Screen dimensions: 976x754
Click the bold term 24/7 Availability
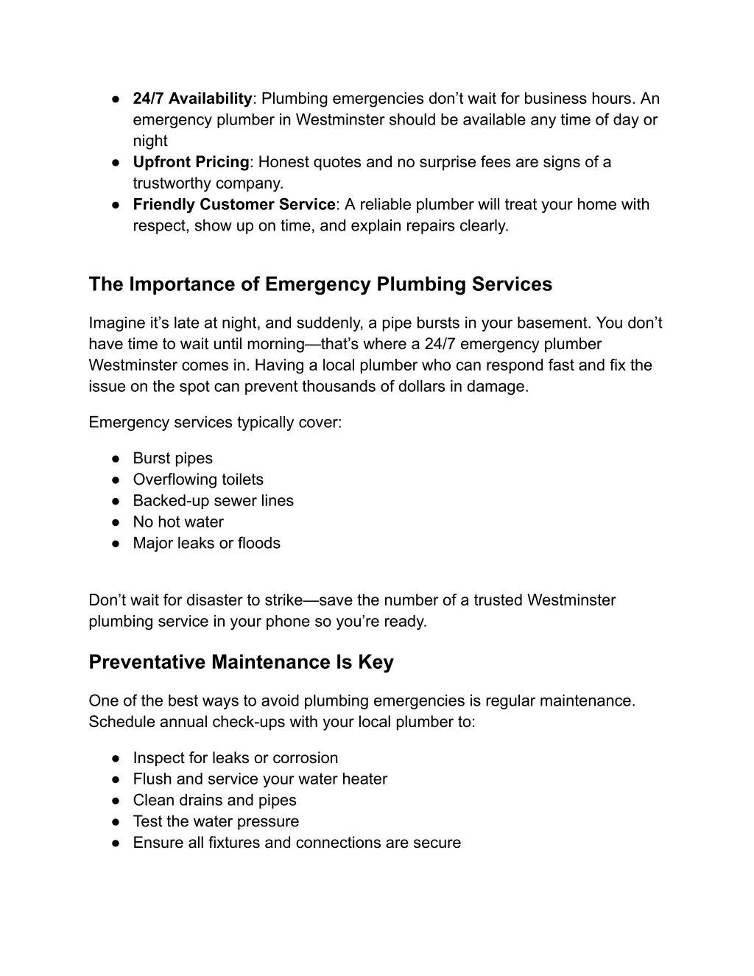192,99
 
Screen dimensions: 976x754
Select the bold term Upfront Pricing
191,162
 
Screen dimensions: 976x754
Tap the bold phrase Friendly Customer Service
233,205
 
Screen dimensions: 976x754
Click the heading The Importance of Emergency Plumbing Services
320,284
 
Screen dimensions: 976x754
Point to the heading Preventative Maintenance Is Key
241,662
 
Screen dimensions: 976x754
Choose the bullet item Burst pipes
172,458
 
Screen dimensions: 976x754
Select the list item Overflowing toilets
198,480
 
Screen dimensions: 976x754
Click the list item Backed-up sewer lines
213,501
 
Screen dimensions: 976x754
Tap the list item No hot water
178,522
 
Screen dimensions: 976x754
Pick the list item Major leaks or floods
206,544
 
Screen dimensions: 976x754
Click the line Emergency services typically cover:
215,423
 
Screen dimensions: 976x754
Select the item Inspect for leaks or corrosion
235,758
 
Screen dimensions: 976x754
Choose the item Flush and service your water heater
260,779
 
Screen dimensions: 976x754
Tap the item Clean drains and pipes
214,801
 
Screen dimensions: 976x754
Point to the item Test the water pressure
216,822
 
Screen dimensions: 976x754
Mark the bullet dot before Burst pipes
116,458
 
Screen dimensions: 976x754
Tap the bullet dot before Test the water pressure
116,822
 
